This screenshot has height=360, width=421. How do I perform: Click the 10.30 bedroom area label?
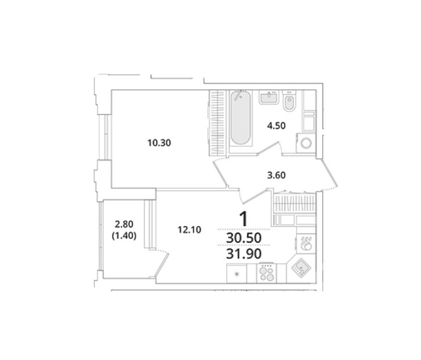pyautogui.click(x=159, y=143)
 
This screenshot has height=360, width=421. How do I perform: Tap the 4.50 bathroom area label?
pyautogui.click(x=276, y=126)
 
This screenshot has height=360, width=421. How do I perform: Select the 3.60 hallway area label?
pyautogui.click(x=276, y=175)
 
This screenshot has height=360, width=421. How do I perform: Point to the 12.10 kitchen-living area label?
pyautogui.click(x=190, y=230)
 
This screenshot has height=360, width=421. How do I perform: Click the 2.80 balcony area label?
pyautogui.click(x=124, y=224)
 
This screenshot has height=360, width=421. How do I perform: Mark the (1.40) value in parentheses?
pyautogui.click(x=124, y=236)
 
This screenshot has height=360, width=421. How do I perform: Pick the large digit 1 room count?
pyautogui.click(x=243, y=219)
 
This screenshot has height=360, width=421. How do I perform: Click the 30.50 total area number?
pyautogui.click(x=244, y=238)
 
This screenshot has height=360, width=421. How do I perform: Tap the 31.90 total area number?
pyautogui.click(x=244, y=254)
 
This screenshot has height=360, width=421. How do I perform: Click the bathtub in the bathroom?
pyautogui.click(x=241, y=118)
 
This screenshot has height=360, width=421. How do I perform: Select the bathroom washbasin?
pyautogui.click(x=269, y=97)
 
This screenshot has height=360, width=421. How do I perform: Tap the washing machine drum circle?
pyautogui.click(x=306, y=143)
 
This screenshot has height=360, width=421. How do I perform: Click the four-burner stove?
pyautogui.click(x=266, y=273)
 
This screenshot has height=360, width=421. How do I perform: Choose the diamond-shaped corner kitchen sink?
pyautogui.click(x=301, y=268)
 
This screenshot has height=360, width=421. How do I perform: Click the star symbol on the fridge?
pyautogui.click(x=236, y=274)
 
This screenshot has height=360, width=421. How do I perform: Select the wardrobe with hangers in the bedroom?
pyautogui.click(x=218, y=122)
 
